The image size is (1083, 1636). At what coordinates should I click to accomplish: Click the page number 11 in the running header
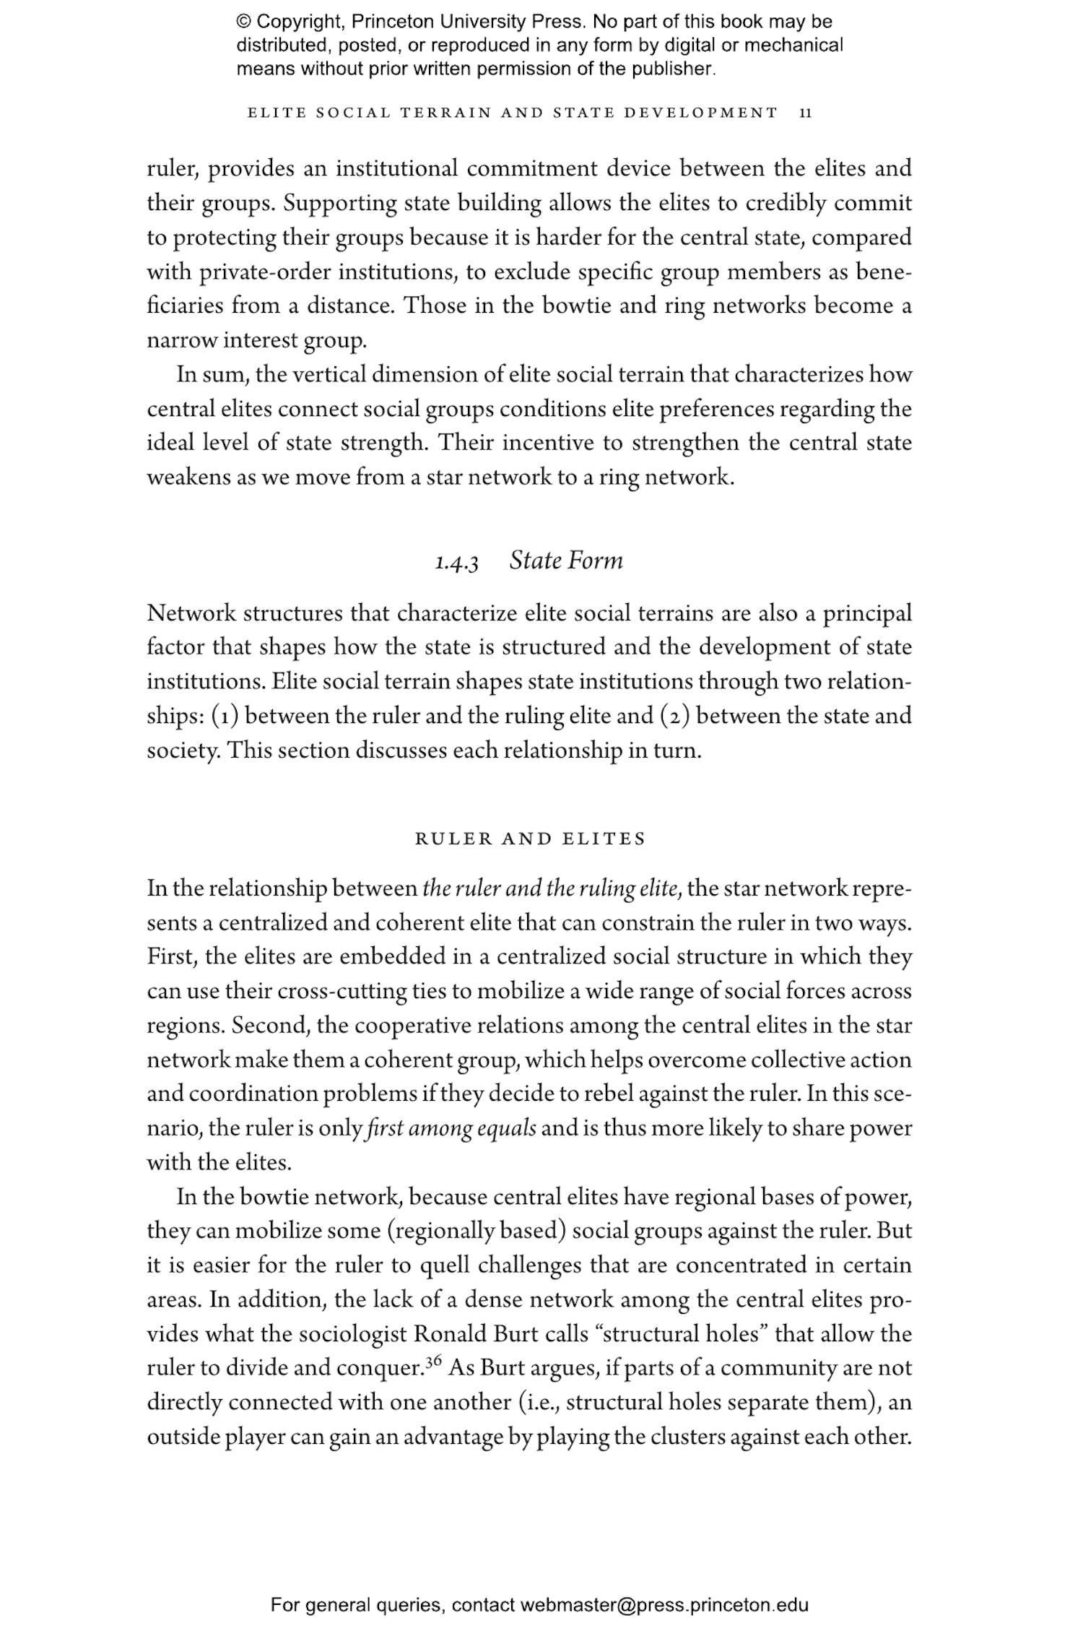pyautogui.click(x=806, y=113)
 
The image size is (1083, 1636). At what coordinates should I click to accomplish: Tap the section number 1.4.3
pyautogui.click(x=456, y=563)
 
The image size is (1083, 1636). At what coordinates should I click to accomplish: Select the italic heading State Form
pyautogui.click(x=565, y=561)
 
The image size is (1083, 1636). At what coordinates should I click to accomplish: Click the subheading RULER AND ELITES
pyautogui.click(x=531, y=839)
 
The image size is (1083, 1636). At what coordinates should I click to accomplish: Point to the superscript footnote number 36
pyautogui.click(x=433, y=1362)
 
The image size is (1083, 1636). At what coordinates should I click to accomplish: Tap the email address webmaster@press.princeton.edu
pyautogui.click(x=664, y=1606)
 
